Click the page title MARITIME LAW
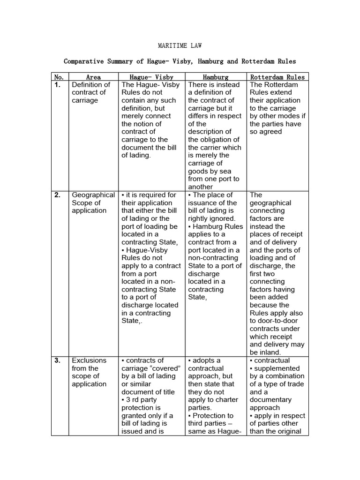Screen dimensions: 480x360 point(180,46)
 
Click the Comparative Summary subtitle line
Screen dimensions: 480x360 point(180,61)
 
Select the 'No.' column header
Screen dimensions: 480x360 point(59,77)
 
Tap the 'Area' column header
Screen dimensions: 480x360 point(93,77)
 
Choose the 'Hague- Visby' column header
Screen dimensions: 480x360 point(151,77)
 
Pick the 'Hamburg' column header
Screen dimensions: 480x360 point(216,77)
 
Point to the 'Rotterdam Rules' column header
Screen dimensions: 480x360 point(277,77)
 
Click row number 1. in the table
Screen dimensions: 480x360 point(58,85)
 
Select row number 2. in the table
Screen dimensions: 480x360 point(58,195)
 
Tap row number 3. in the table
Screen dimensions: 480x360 point(58,360)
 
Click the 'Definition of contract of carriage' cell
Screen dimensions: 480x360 point(90,92)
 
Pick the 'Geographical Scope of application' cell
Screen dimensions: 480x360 point(93,202)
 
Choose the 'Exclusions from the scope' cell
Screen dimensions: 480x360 point(89,372)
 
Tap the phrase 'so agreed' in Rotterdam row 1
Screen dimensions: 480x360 point(266,132)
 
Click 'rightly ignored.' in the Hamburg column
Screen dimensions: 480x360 point(211,218)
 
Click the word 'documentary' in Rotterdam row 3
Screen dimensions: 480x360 point(270,400)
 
